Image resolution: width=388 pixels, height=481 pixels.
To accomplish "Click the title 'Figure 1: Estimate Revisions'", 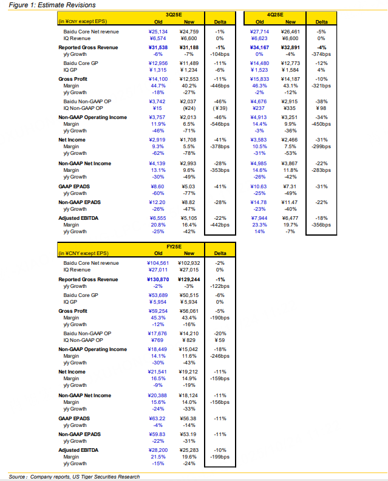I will pyautogui.click(x=44, y=5).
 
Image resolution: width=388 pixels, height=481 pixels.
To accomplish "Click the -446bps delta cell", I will pyautogui.click(x=220, y=86).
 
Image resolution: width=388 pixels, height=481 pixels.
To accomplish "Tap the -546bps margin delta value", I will pyautogui.click(x=220, y=124).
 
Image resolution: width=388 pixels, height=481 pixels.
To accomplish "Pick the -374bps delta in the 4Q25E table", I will pyautogui.click(x=322, y=53).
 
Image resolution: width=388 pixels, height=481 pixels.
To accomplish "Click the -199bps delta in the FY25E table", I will pyautogui.click(x=220, y=457).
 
